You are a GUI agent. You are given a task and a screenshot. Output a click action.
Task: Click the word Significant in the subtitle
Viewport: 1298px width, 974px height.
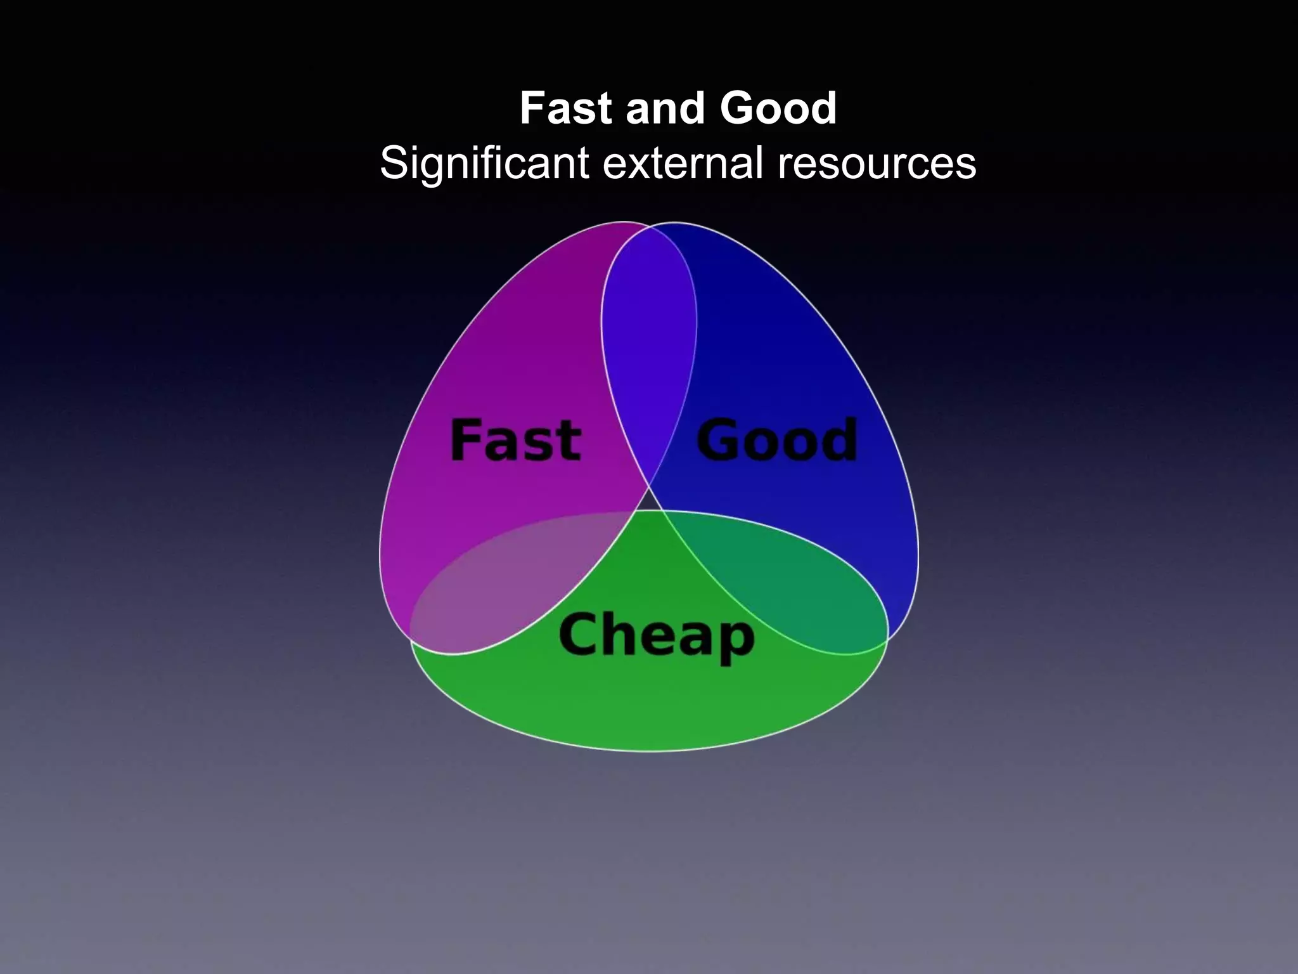(x=485, y=164)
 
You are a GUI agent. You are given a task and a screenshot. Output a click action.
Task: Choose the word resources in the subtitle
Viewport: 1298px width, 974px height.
(x=877, y=164)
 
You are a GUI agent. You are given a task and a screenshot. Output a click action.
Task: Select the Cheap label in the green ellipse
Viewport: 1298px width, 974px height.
(x=657, y=635)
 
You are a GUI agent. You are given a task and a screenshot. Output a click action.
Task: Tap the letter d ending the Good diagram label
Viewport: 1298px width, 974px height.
(x=840, y=439)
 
